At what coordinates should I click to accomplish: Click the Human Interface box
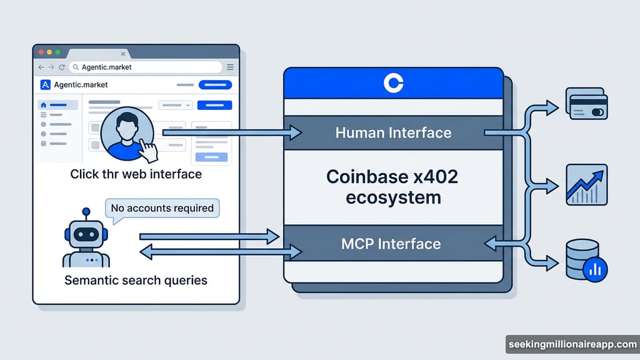393,132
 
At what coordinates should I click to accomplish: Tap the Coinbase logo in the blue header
394,83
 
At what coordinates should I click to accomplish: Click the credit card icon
586,104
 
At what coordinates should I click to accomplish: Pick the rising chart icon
586,184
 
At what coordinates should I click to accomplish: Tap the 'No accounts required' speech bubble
162,208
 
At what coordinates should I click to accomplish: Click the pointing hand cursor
147,150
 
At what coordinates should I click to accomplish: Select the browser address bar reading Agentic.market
145,67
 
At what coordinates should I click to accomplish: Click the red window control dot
42,52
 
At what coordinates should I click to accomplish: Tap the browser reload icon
62,67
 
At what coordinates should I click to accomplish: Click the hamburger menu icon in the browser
230,67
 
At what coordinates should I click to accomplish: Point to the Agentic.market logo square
45,85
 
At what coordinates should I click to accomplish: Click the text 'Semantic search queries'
136,280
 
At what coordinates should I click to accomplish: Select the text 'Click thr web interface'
136,174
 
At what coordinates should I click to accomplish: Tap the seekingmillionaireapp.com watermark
571,344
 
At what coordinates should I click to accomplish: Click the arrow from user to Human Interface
231,132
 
